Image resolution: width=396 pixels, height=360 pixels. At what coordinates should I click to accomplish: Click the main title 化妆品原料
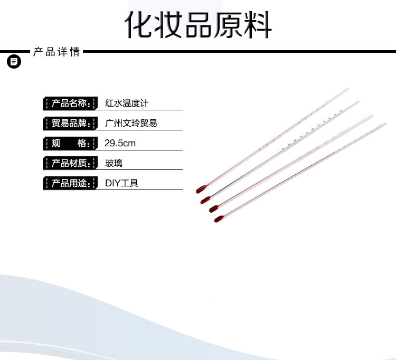pyautogui.click(x=198, y=23)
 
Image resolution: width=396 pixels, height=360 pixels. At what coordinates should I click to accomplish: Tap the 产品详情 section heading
pyautogui.click(x=56, y=52)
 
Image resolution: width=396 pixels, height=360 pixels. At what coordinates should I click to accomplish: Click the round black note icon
pyautogui.click(x=14, y=62)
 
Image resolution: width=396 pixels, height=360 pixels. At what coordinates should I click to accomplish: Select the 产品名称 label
pyautogui.click(x=70, y=103)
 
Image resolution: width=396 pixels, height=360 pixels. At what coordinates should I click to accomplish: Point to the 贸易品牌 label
pyautogui.click(x=70, y=123)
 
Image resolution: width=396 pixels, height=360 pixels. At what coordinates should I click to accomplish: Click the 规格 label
pyautogui.click(x=70, y=143)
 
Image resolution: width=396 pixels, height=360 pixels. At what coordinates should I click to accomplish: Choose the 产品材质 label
pyautogui.click(x=70, y=163)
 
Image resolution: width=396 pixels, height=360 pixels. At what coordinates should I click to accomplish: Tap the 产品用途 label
pyautogui.click(x=70, y=183)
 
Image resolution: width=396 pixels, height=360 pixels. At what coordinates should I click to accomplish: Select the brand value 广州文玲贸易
pyautogui.click(x=131, y=123)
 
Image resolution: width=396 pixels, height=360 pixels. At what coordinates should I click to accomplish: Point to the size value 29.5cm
pyautogui.click(x=120, y=143)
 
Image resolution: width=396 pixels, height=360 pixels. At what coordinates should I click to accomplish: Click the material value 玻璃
pyautogui.click(x=114, y=163)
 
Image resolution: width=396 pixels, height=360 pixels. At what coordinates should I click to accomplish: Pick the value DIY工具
pyautogui.click(x=121, y=183)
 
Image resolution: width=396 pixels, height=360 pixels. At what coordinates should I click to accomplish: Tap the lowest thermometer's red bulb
pyautogui.click(x=218, y=219)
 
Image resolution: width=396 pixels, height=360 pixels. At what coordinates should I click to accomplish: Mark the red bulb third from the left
pyautogui.click(x=214, y=209)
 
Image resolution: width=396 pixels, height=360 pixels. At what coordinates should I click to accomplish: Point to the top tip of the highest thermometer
pyautogui.click(x=347, y=88)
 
